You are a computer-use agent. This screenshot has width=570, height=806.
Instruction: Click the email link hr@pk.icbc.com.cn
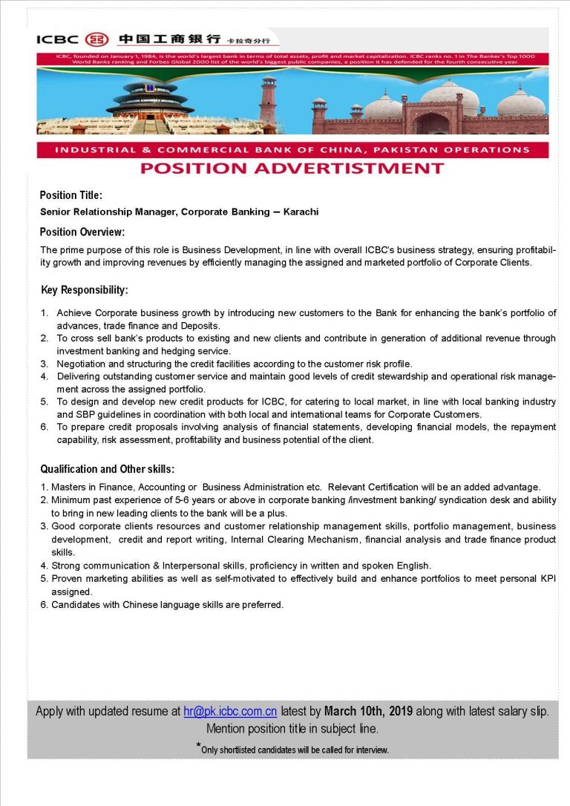click(x=230, y=711)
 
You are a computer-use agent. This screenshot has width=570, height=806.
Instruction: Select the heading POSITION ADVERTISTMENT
click(x=292, y=168)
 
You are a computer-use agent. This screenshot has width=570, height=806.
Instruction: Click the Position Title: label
click(x=71, y=195)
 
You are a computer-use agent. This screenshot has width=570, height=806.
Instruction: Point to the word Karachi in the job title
click(x=301, y=212)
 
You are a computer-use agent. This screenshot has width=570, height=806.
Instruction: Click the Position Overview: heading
click(x=82, y=232)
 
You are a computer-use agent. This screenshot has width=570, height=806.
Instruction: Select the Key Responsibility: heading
click(x=85, y=289)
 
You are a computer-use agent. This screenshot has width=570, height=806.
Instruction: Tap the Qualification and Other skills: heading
click(x=108, y=469)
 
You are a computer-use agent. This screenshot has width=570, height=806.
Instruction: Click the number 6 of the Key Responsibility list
click(x=45, y=427)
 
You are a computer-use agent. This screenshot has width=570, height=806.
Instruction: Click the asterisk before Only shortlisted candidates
click(x=198, y=746)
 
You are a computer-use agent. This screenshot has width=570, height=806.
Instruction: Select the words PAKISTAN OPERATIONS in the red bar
click(x=458, y=150)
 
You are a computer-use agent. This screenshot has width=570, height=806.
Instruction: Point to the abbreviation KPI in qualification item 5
click(x=546, y=578)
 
